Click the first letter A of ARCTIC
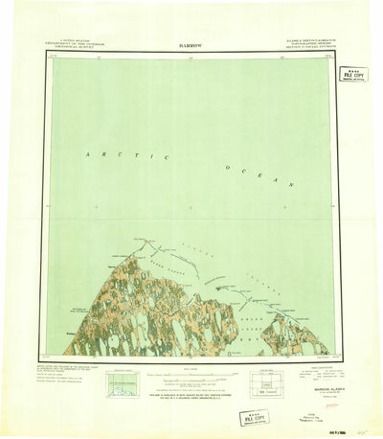point(86,152)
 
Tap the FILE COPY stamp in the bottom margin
point(256,418)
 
